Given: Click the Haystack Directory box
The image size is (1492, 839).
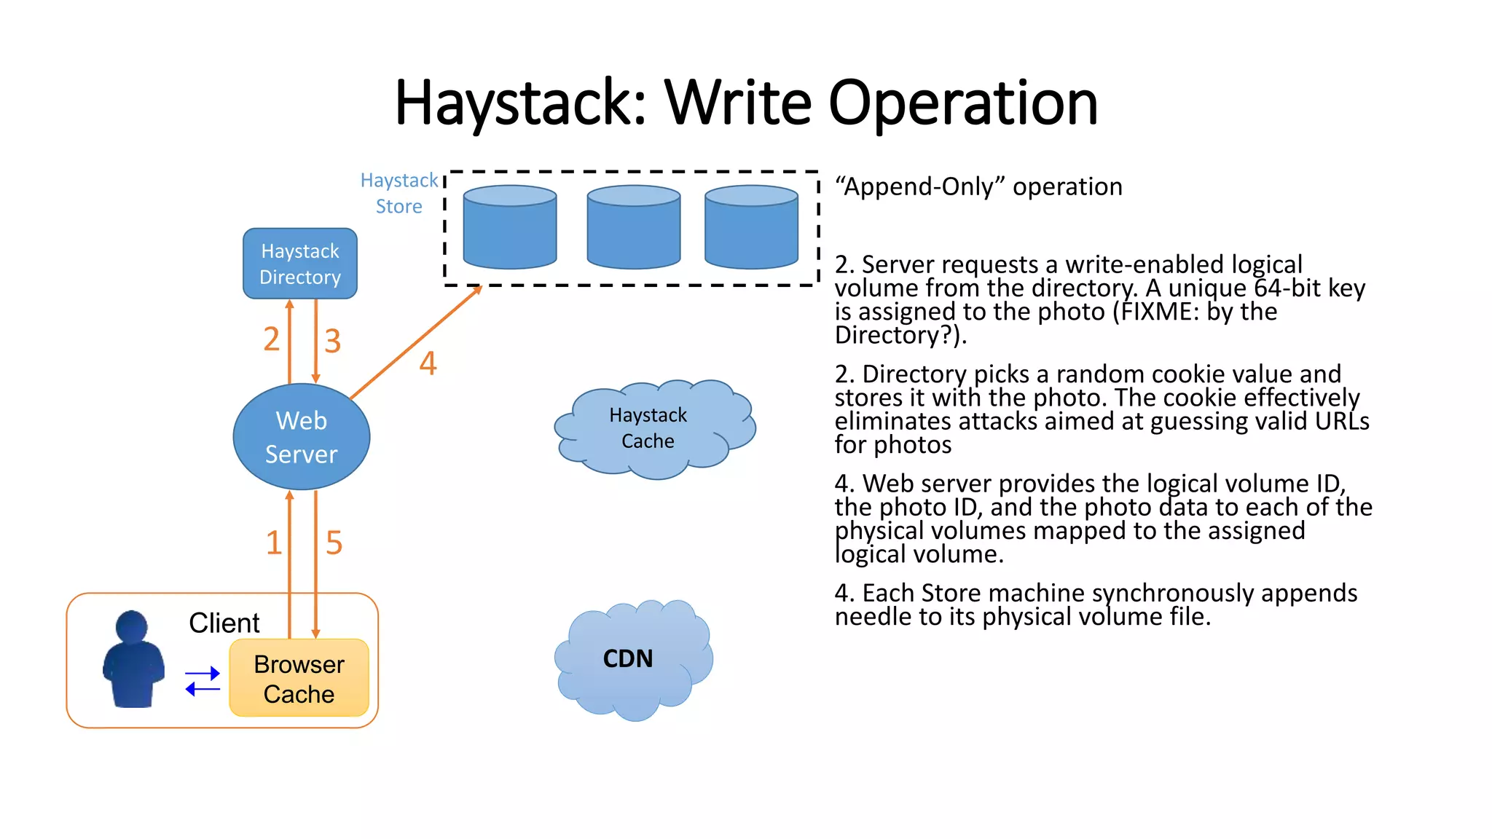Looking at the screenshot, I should point(299,264).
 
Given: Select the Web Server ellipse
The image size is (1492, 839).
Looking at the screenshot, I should point(301,437).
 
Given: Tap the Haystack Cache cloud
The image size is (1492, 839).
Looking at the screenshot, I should point(648,428).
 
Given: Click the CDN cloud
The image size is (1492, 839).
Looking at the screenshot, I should point(628,658).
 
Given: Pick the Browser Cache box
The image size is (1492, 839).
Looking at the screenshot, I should point(299,679).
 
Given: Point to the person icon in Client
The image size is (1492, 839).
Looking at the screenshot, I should point(133,659).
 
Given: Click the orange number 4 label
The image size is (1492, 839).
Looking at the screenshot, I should point(428,363).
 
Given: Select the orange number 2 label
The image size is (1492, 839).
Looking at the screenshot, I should point(271,339).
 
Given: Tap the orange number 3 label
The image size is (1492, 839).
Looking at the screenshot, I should point(332,341).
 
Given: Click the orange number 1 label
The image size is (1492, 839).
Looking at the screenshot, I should point(273,543).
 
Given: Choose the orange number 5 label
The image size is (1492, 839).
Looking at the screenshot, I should point(334,543).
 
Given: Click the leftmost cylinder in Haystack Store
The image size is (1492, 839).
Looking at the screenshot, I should point(510,227).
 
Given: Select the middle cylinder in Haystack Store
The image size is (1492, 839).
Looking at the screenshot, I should point(634,227).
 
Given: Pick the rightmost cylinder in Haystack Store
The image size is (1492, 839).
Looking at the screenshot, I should point(751,227).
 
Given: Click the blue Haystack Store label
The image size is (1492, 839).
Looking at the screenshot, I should point(399,193).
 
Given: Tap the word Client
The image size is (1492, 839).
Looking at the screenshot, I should point(224,623).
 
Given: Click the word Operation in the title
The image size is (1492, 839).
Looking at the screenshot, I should point(962,103).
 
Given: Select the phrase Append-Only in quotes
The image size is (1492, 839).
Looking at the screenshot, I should point(921,186).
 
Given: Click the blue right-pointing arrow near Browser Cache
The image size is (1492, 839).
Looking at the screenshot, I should point(203,674).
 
